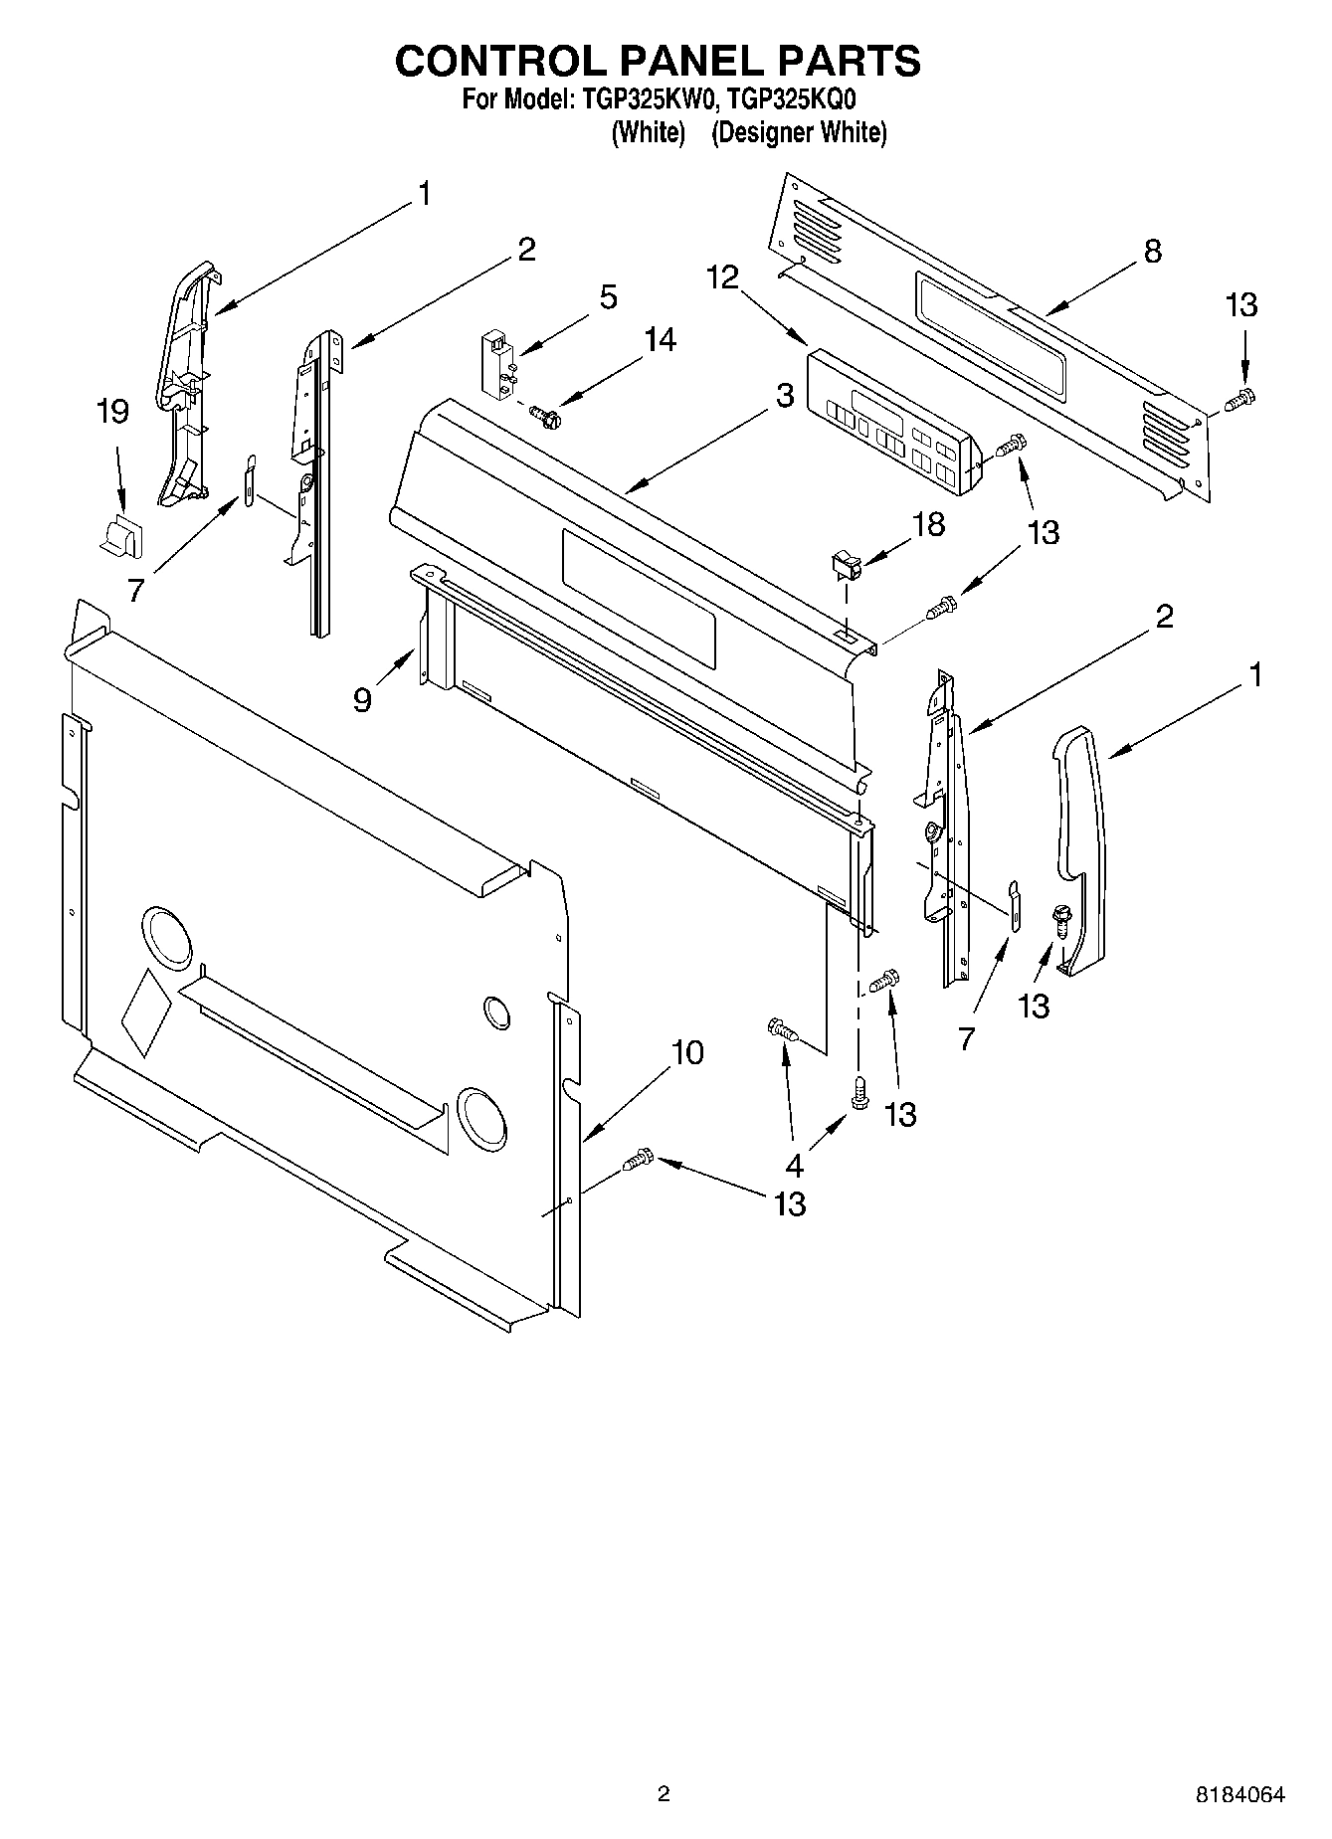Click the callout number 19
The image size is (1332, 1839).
coord(112,412)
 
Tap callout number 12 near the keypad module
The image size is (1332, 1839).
coord(723,277)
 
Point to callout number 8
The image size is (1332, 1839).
coord(1152,252)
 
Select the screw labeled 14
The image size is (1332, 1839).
coord(545,412)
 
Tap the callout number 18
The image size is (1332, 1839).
coord(928,524)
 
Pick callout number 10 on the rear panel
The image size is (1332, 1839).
coord(686,1052)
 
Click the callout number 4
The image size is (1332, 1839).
coord(794,1164)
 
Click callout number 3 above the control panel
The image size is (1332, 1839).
coord(785,395)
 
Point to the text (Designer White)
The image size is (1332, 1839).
coord(798,132)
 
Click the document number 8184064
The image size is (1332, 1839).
coord(1239,1795)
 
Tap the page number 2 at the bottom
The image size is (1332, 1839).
coord(664,1794)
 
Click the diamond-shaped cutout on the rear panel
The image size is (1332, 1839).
coord(145,1011)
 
